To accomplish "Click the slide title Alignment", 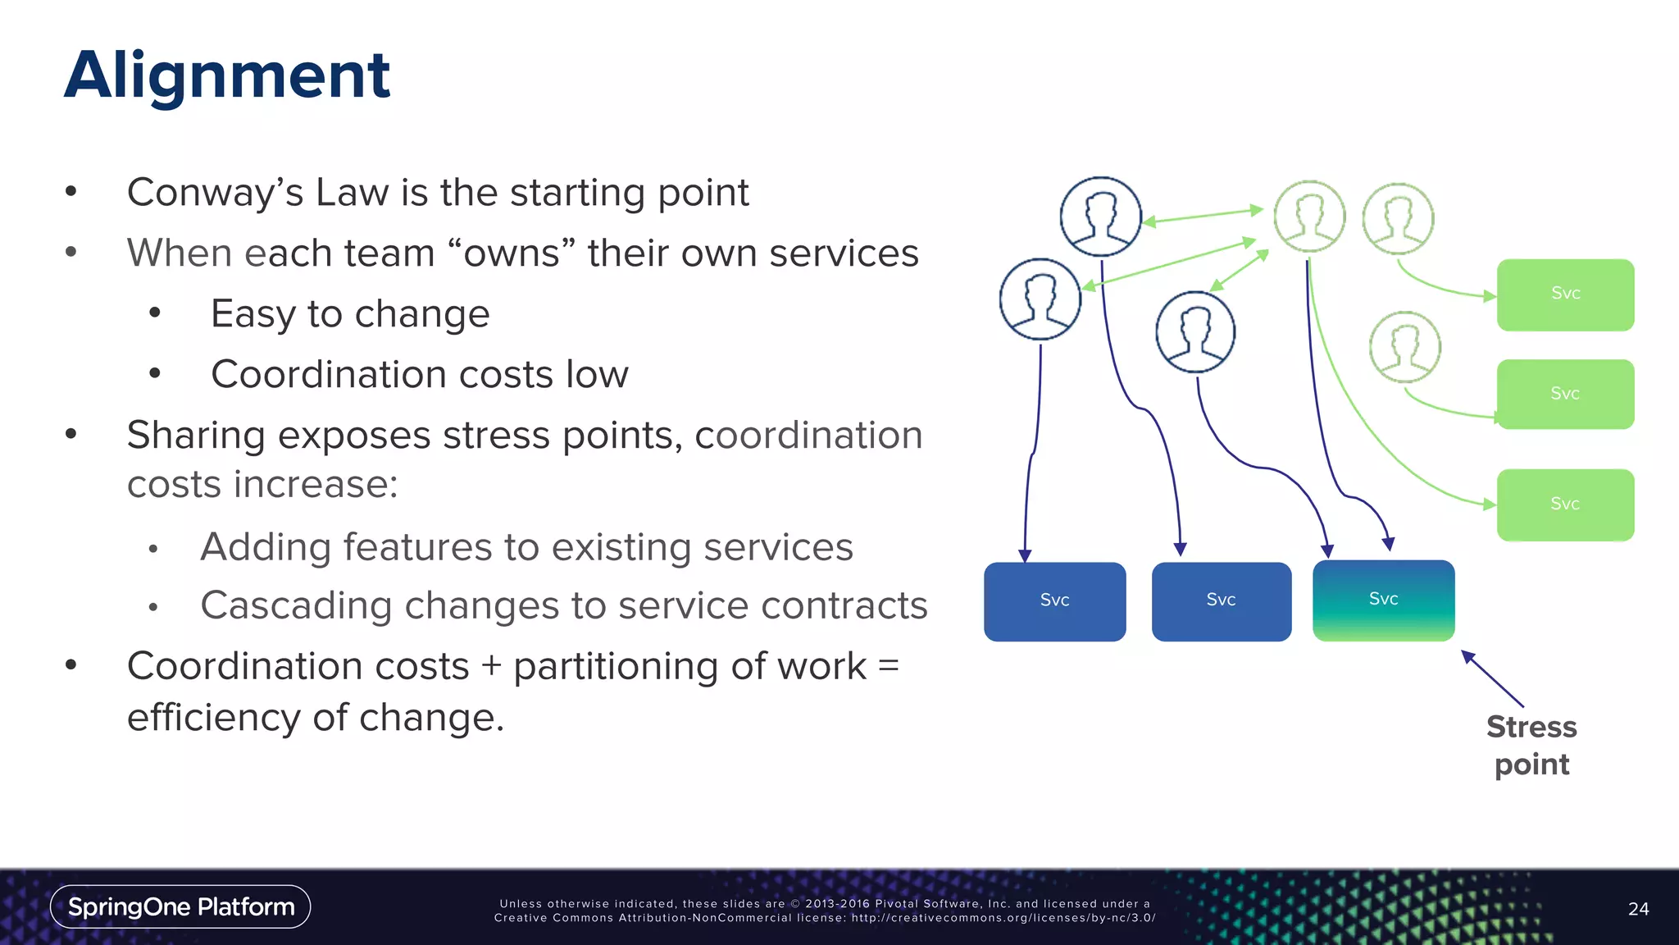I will pyautogui.click(x=227, y=75).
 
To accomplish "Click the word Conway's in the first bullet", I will pyautogui.click(x=215, y=193).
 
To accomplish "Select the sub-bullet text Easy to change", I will pyautogui.click(x=350, y=313).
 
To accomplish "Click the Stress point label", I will pyautogui.click(x=1531, y=745).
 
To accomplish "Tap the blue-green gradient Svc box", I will pyautogui.click(x=1383, y=600).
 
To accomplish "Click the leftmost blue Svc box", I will pyautogui.click(x=1054, y=601).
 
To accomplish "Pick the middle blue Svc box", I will pyautogui.click(x=1221, y=601).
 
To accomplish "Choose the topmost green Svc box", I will pyautogui.click(x=1565, y=294).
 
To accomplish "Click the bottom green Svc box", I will pyautogui.click(x=1565, y=504).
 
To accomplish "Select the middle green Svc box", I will pyautogui.click(x=1565, y=395).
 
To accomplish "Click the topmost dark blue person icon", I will pyautogui.click(x=1100, y=217).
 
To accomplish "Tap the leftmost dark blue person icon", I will pyautogui.click(x=1040, y=299).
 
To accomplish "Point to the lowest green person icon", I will pyautogui.click(x=1405, y=347).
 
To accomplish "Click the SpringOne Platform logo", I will pyautogui.click(x=180, y=906).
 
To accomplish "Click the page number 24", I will pyautogui.click(x=1638, y=909).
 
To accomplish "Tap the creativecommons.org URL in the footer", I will pyautogui.click(x=1003, y=918).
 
